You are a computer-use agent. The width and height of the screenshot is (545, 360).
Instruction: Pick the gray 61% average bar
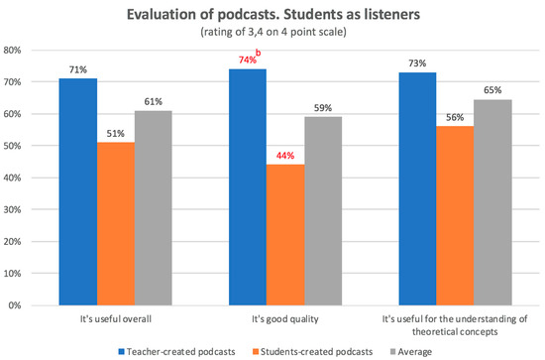click(153, 207)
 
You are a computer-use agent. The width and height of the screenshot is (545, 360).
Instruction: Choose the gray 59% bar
click(322, 210)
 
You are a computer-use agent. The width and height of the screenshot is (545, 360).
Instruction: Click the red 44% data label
click(284, 156)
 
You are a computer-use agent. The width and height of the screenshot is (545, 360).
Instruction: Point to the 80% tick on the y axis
click(14, 50)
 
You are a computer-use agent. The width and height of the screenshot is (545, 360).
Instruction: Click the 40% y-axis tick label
click(14, 178)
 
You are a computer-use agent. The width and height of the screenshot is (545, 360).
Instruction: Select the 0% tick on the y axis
click(17, 305)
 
